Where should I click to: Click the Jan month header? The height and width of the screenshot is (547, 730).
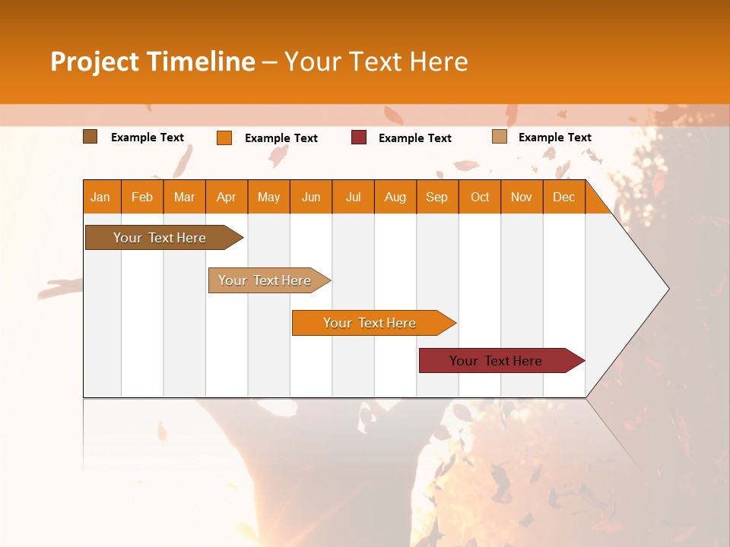point(101,197)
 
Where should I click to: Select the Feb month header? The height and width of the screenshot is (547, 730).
point(142,197)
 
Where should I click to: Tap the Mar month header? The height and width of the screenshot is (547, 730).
point(184,197)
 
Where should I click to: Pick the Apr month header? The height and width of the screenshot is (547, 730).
point(227,197)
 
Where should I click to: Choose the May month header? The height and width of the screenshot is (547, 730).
point(268,197)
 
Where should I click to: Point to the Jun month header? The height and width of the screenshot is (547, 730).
point(311,197)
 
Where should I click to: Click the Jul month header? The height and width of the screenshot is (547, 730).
point(353,197)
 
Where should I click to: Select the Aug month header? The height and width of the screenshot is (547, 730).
point(395,197)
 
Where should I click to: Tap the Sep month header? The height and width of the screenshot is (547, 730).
point(437,197)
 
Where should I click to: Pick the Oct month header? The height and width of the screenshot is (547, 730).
point(480,197)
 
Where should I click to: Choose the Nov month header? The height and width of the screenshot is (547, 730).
point(522,197)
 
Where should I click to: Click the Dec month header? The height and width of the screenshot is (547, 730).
point(564,197)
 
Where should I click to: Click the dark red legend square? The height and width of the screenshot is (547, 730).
point(359,138)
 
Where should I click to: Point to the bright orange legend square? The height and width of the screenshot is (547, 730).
point(224,138)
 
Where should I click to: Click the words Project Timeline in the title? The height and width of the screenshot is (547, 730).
point(153,62)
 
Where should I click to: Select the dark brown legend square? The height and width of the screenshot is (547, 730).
point(90,137)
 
